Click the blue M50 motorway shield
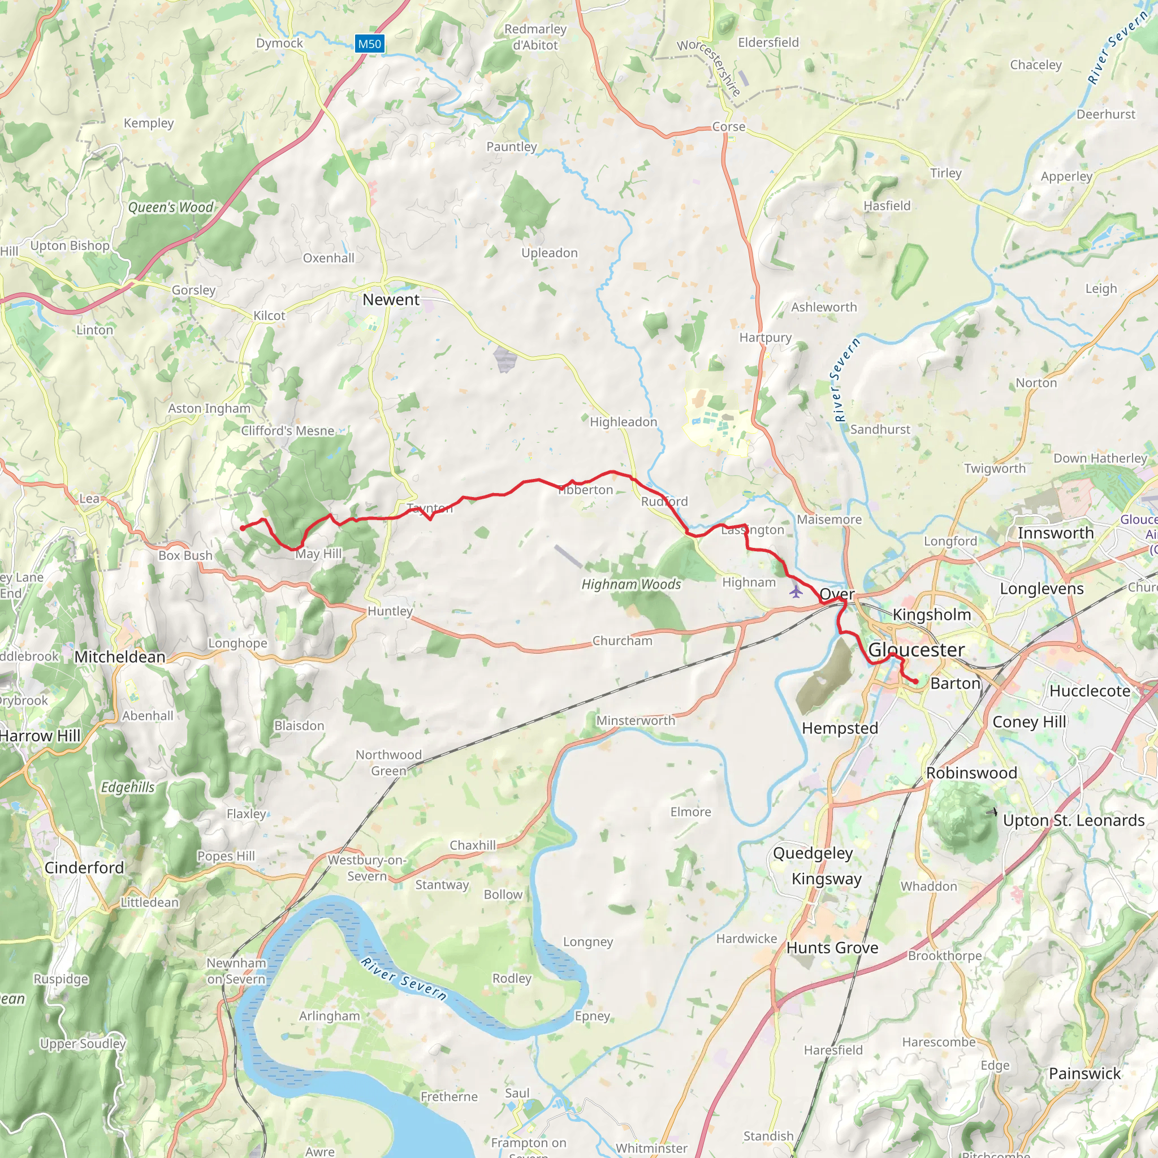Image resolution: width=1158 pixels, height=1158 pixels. coord(369,44)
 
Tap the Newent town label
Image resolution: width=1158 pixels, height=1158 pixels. coord(391,300)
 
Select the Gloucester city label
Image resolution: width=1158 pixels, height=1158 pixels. coord(916,650)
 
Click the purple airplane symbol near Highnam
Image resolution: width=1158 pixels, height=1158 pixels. coord(796,592)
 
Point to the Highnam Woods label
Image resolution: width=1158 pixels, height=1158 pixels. coord(631,585)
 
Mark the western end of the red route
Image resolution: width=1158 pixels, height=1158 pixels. coord(242,528)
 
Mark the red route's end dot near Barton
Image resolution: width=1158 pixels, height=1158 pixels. coord(916,681)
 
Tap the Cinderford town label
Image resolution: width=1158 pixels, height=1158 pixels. coord(84,868)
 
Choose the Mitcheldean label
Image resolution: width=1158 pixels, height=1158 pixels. coord(120,657)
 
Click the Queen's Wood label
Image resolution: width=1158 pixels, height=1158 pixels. coord(171,208)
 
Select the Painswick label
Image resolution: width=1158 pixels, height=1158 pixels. coord(1084,1074)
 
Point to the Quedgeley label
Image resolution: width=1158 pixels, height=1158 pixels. coord(813,853)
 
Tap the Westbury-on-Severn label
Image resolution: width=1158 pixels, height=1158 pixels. coord(367,868)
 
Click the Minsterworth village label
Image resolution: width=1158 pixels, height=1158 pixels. coord(636,720)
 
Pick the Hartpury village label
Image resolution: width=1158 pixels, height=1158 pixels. coord(766,338)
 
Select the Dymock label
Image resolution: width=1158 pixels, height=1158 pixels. coord(279,43)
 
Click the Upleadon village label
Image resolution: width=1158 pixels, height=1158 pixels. coord(549,253)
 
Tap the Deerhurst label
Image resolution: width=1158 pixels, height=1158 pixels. coord(1106,114)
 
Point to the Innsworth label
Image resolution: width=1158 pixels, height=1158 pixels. coord(1056,533)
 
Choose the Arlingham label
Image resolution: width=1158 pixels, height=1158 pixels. coord(330,1016)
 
